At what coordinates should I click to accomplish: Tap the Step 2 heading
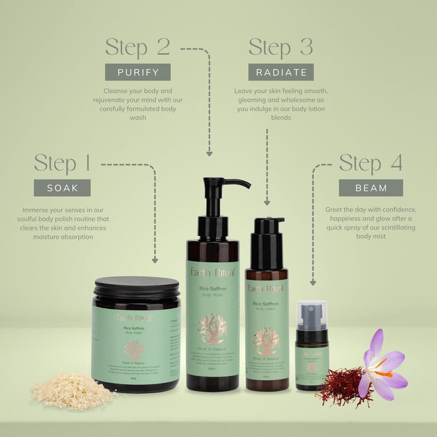[x=138, y=47]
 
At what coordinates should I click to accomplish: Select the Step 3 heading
[x=281, y=47]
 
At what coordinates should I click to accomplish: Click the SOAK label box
[x=62, y=188]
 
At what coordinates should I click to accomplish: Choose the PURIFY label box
[x=138, y=72]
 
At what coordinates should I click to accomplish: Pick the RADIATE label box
[x=281, y=72]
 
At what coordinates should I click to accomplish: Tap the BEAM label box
[x=371, y=188]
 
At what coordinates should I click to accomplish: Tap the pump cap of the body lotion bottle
[x=269, y=226]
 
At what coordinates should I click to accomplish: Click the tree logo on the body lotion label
[x=266, y=340]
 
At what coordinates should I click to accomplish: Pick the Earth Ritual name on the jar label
[x=134, y=318]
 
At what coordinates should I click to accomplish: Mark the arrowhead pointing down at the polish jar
[x=155, y=260]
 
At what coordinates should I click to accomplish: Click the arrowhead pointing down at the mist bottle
[x=313, y=282]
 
